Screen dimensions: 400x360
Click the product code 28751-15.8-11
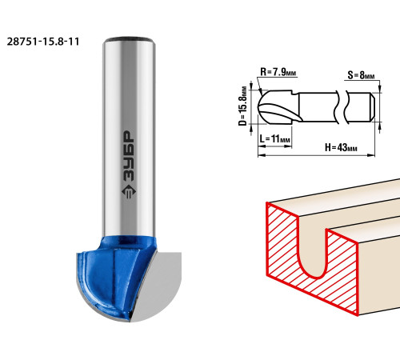(43, 42)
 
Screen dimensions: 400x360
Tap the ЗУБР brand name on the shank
(129, 157)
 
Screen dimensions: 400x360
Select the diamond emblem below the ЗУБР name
(129, 191)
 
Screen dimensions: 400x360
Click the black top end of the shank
(130, 40)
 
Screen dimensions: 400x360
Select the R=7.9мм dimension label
(278, 72)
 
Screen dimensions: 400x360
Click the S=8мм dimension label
(361, 75)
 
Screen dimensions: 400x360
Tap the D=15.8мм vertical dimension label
(242, 106)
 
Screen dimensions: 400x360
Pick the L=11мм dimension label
(274, 139)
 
